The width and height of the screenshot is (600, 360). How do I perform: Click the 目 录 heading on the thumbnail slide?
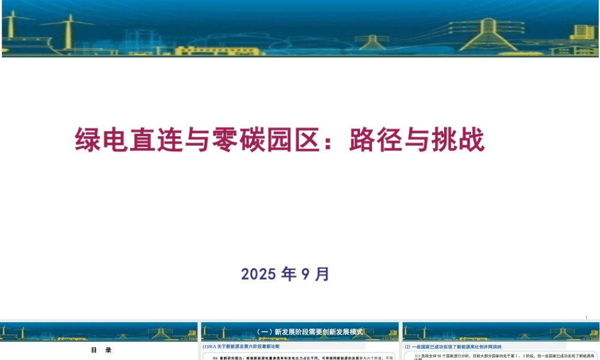pyautogui.click(x=101, y=350)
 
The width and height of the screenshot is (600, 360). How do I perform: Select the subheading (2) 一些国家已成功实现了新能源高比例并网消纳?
pyautogui.click(x=453, y=346)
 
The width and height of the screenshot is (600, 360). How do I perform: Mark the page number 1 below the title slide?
pyautogui.click(x=586, y=317)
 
